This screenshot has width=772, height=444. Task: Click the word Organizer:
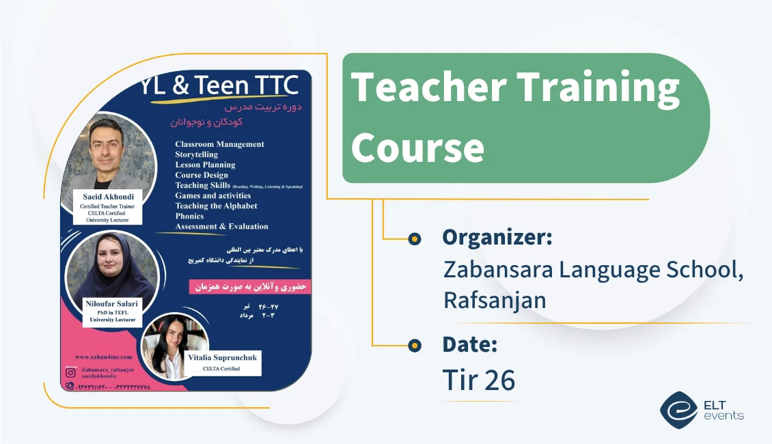click(497, 237)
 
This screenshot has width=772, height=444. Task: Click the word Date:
click(469, 344)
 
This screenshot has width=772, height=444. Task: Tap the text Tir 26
click(478, 380)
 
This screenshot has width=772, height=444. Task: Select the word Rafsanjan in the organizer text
click(495, 300)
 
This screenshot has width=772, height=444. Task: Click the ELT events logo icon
click(678, 410)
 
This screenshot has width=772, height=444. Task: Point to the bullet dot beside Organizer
click(414, 238)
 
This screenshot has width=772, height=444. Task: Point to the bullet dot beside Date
click(414, 346)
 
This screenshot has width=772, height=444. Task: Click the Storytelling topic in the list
click(197, 154)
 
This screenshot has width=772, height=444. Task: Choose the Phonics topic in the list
click(189, 216)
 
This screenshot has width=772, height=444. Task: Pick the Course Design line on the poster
click(202, 175)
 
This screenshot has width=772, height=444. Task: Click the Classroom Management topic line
click(219, 144)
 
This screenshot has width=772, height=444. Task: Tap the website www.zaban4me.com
click(103, 357)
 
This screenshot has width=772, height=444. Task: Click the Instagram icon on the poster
click(70, 373)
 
